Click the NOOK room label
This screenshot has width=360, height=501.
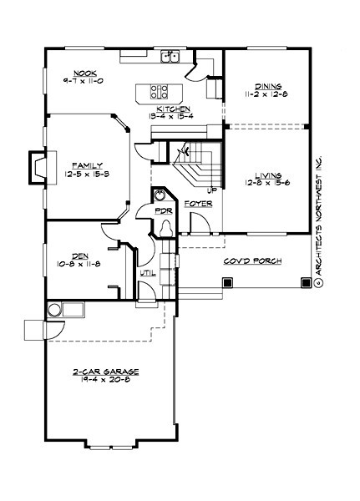click(86, 73)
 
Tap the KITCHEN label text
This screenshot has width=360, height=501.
click(170, 109)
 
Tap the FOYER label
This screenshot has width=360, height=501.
click(198, 204)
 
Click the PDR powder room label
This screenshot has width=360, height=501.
click(164, 212)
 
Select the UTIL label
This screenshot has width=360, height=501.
click(148, 272)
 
